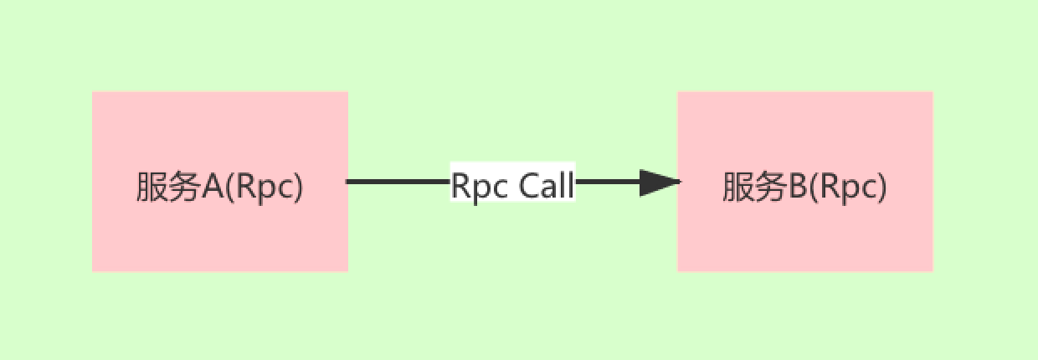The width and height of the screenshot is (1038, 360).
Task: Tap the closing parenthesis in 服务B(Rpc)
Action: [881, 188]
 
